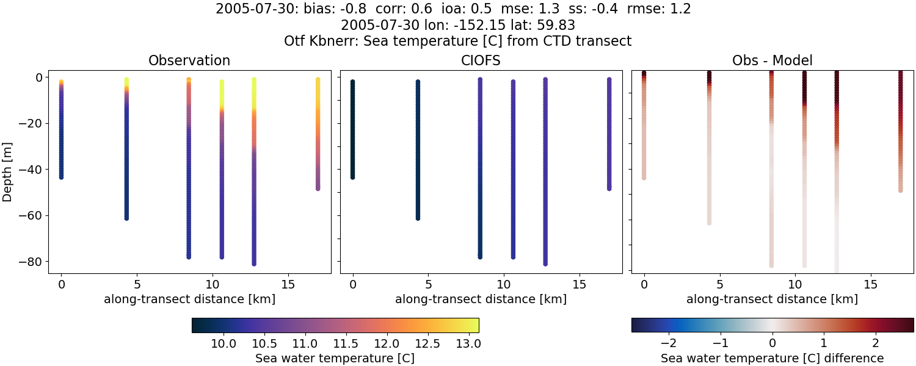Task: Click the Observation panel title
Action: (x=189, y=61)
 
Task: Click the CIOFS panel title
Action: (x=481, y=61)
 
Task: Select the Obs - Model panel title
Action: (x=772, y=61)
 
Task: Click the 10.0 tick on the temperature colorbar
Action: (x=224, y=343)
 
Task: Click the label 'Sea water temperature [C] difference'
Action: (x=772, y=358)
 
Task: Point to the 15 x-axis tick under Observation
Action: (x=288, y=284)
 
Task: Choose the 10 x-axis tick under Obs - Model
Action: (x=795, y=284)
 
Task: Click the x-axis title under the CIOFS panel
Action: (x=481, y=299)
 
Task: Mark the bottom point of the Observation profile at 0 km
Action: (x=61, y=177)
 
